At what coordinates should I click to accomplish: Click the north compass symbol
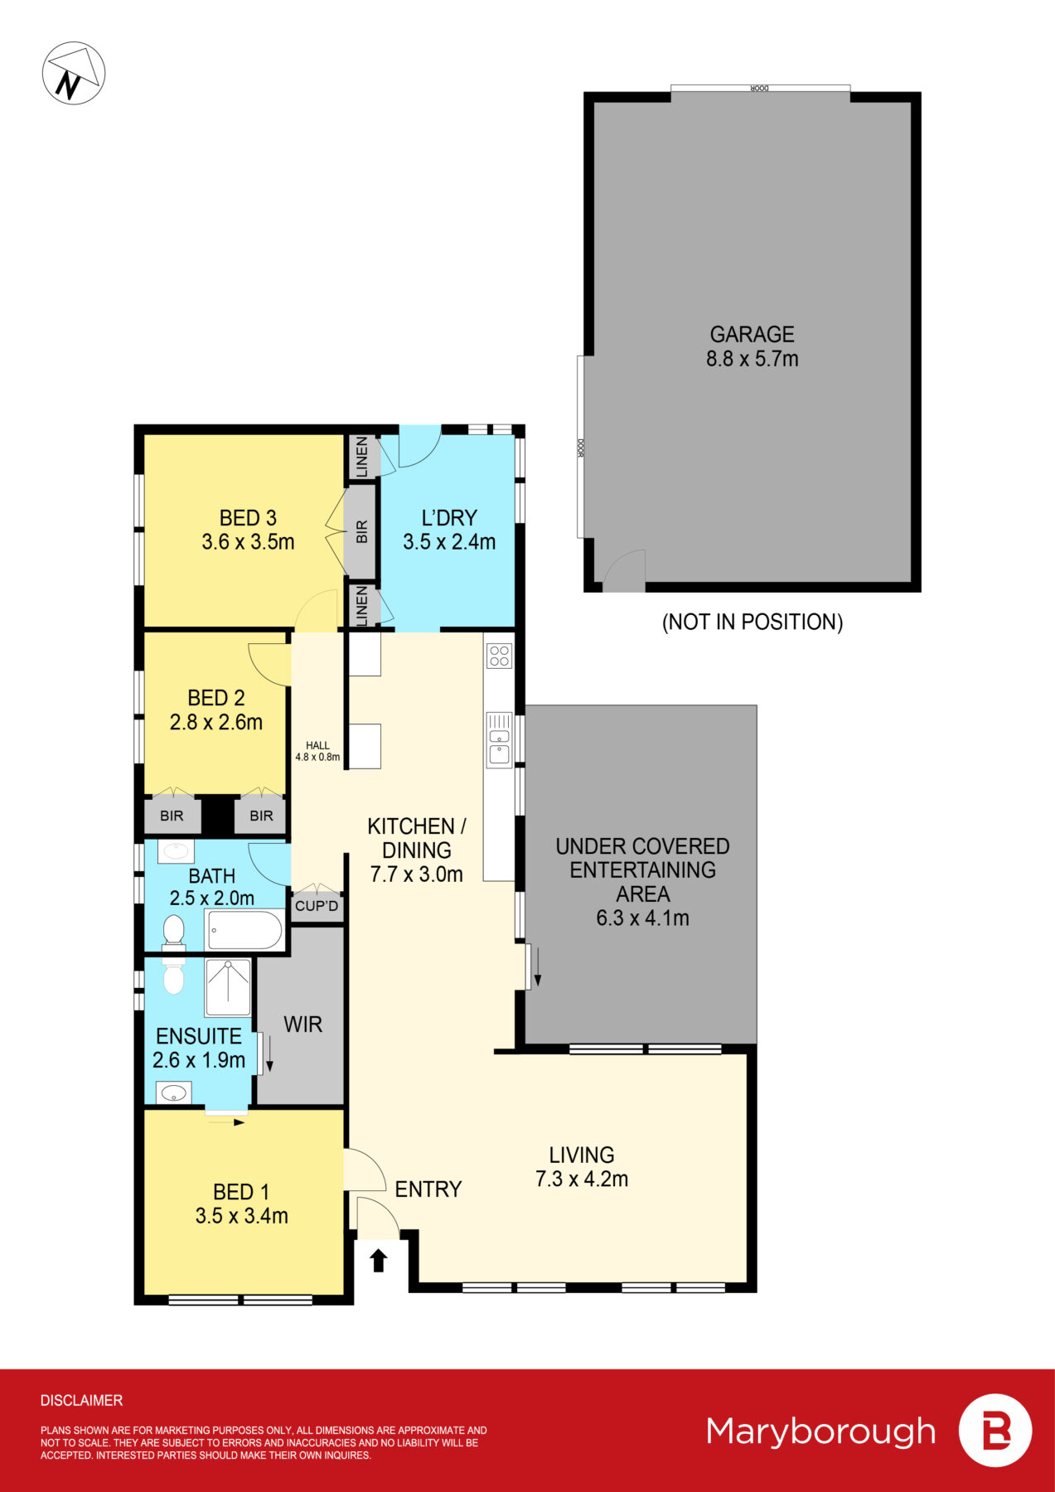click(x=73, y=73)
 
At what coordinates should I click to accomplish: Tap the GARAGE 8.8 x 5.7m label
click(x=752, y=346)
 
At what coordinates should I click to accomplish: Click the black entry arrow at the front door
click(x=379, y=1261)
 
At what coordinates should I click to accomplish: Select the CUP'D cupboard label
click(x=317, y=906)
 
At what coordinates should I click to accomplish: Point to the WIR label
click(x=302, y=1025)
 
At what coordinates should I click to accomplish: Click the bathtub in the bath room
click(x=244, y=931)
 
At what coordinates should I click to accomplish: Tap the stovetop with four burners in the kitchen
click(x=500, y=656)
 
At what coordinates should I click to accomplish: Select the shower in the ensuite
click(x=228, y=987)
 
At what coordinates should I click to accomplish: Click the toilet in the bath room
click(x=173, y=930)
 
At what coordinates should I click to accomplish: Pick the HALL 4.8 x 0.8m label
click(x=317, y=751)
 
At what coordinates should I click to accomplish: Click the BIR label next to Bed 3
click(x=361, y=532)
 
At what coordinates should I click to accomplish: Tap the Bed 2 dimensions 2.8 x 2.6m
click(x=216, y=722)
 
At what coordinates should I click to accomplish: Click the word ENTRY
click(x=428, y=1189)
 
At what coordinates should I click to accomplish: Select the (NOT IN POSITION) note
click(x=752, y=622)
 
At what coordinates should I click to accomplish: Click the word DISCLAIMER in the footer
click(x=81, y=1400)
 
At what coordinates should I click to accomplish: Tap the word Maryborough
click(x=820, y=1431)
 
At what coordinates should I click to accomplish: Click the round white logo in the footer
click(x=995, y=1431)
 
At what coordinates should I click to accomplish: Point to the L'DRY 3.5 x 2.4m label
click(x=449, y=530)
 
